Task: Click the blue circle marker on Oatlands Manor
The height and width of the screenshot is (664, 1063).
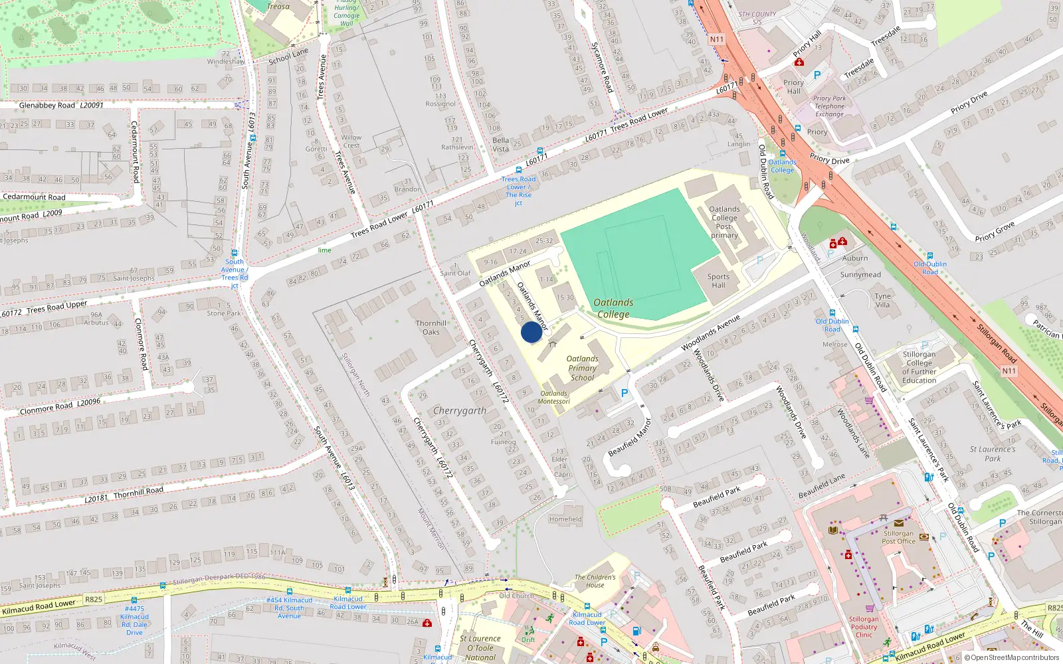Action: coord(531,332)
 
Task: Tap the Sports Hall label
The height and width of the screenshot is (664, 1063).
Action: coord(718,281)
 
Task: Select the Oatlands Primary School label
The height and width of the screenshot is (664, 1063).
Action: coord(582,368)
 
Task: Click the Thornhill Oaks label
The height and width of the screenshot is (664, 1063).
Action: coord(431,327)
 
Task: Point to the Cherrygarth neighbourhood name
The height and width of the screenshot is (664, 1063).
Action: coord(460,411)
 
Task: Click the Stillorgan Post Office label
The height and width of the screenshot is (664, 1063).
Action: coord(898,537)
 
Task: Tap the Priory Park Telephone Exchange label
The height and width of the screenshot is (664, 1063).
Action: coord(829,106)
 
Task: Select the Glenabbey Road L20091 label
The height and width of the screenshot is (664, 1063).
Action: coord(61,105)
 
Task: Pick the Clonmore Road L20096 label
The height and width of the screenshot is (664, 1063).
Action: coord(60,406)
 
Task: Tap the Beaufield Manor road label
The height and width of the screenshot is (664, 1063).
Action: coord(630,438)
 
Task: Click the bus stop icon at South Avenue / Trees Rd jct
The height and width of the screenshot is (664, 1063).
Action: coord(234,253)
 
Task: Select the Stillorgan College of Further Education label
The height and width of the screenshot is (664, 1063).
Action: coord(919,367)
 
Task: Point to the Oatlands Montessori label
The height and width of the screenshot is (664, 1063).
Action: coord(553,397)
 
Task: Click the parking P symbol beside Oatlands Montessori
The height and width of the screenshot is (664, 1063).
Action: coord(624,394)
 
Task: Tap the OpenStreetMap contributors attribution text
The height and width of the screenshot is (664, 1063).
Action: coord(1011,657)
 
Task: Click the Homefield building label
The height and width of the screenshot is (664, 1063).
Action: coord(565,519)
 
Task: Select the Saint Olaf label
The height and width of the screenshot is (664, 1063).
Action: coord(455,273)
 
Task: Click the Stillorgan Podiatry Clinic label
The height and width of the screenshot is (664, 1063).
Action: coord(864,627)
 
